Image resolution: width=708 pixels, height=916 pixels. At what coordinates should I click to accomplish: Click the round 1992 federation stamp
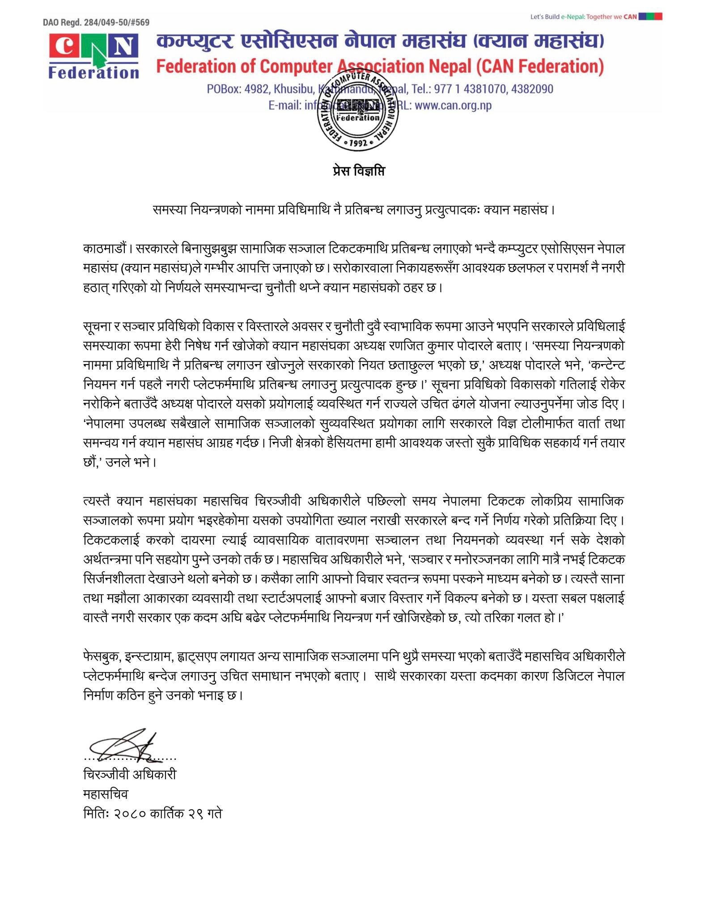(358, 112)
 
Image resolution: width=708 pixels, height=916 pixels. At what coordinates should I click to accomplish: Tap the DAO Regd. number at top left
(96, 22)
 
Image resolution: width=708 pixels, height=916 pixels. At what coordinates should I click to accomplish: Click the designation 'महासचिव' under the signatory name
(106, 794)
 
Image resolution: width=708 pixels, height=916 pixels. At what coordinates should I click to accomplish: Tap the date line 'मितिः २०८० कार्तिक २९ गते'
(153, 813)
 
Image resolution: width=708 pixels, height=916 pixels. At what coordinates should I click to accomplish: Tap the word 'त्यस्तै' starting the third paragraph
(96, 500)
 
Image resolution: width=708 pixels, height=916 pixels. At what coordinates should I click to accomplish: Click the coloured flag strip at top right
(651, 17)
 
